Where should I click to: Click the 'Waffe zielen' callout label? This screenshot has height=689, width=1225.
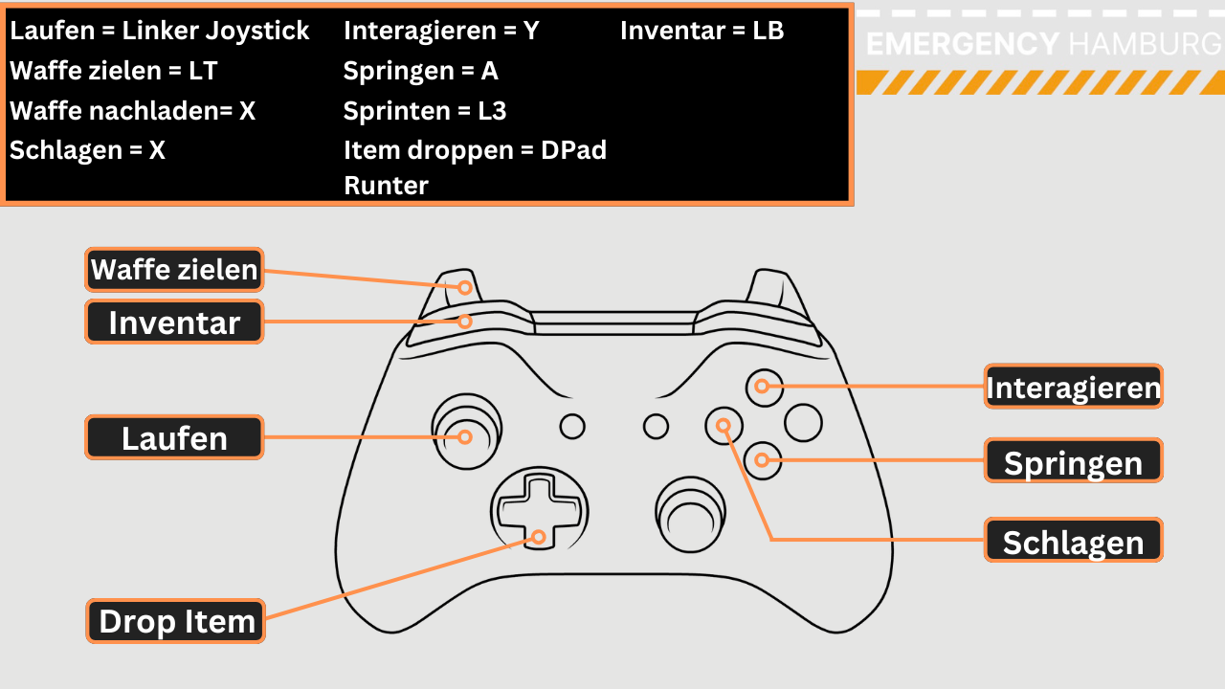coord(174,270)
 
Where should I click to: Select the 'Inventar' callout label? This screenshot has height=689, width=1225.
coord(174,322)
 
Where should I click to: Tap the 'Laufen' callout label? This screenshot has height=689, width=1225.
coord(174,438)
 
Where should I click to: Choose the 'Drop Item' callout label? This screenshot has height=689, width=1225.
coord(176,622)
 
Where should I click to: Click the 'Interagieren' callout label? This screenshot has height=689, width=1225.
coord(1073,388)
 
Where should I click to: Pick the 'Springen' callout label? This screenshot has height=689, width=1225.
coord(1073,462)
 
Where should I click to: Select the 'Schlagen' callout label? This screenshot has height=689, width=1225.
coord(1073,542)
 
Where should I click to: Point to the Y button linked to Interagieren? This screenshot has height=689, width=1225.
coord(763,387)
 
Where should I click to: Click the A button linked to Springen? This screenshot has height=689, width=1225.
coord(763,460)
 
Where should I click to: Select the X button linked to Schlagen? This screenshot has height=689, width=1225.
coord(724,424)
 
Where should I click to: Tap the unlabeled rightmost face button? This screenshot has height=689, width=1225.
coord(803,423)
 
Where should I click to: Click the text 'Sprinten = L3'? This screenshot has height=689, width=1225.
coord(424,111)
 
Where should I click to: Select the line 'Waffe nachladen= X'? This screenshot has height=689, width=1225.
coord(133,111)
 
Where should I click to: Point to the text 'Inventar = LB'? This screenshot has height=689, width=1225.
coord(702,31)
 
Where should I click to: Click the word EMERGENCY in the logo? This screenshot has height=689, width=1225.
coord(962,44)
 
